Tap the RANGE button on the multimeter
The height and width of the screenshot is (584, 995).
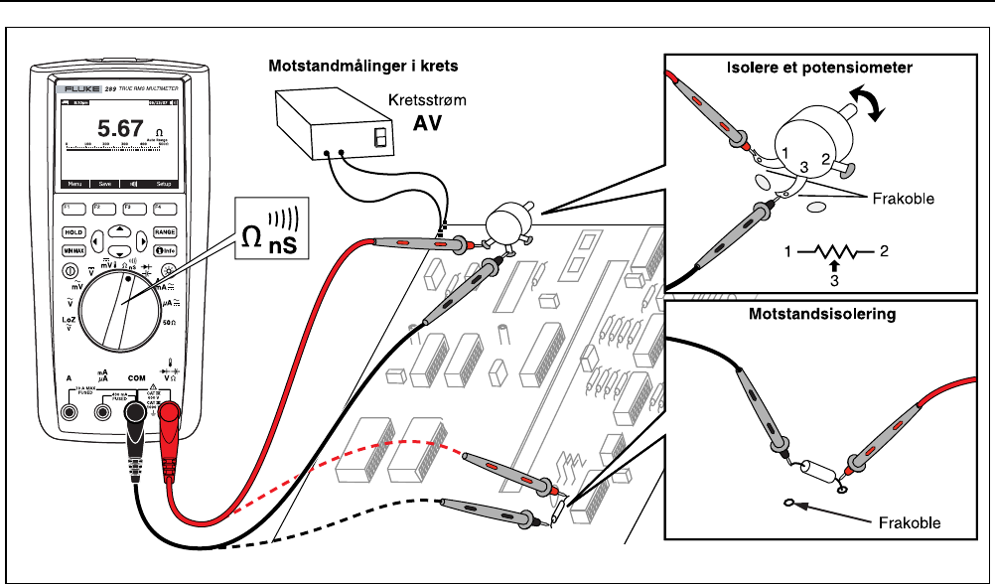click(165, 231)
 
